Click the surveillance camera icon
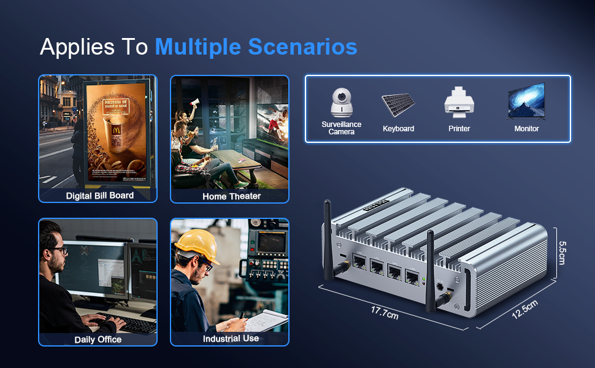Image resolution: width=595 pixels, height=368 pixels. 341,102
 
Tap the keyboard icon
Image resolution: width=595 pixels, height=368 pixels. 398,105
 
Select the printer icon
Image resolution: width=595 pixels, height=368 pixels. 459,103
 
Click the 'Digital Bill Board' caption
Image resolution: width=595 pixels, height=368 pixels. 99,196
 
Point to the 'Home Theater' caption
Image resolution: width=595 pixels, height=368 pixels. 231,196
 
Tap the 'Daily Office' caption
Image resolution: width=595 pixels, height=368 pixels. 98,339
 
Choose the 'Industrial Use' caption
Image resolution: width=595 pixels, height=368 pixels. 231,339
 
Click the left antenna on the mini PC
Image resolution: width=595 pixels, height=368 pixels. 328,238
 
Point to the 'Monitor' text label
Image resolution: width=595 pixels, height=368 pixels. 526,129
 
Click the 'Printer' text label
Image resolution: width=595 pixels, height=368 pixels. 459,129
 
